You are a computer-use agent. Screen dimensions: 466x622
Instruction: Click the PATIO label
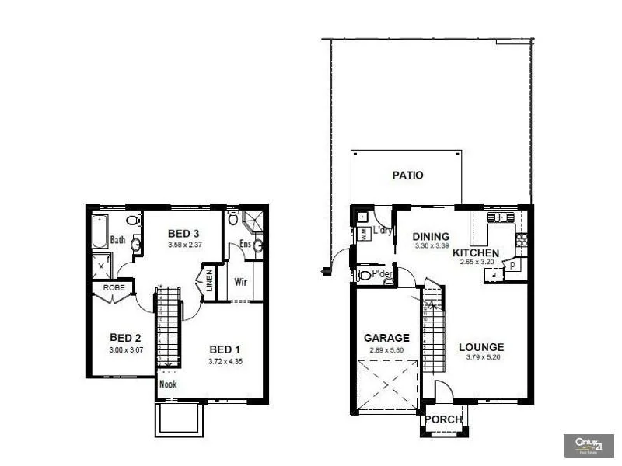407,176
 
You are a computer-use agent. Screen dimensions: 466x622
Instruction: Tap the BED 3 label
183,234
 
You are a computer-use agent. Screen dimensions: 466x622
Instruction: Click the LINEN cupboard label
209,281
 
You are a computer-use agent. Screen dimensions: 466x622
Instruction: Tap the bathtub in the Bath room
99,231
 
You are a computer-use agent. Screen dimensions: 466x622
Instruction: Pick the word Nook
167,384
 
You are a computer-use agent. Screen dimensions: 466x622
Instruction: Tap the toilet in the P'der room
364,275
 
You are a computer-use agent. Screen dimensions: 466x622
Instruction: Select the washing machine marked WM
363,233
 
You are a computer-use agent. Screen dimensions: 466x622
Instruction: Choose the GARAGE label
386,338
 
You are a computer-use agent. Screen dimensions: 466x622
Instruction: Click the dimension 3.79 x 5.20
481,358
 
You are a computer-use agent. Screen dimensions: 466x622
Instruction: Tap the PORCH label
443,419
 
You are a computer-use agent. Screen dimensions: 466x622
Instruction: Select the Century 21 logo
588,445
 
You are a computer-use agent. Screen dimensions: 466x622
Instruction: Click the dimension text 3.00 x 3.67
125,350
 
